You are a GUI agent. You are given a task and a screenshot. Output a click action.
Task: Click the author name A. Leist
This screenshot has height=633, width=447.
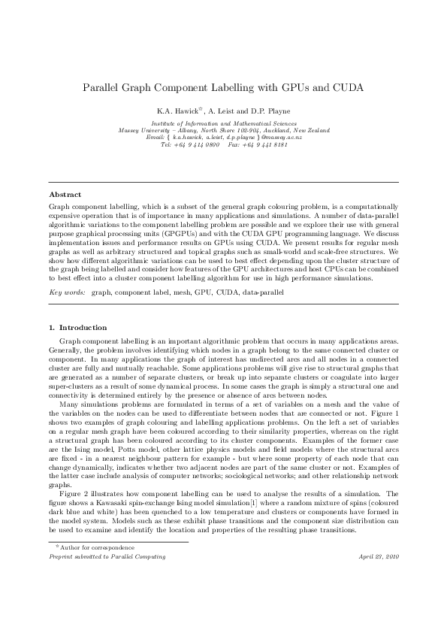tap(222, 110)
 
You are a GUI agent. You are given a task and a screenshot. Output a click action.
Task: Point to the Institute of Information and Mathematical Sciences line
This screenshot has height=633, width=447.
tap(224, 123)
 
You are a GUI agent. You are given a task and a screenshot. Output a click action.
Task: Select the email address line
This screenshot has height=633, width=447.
tap(224, 136)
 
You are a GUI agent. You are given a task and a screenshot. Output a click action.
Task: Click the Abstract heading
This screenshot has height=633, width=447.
tap(65, 194)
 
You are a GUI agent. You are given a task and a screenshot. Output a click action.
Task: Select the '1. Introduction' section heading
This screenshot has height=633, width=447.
tap(77, 327)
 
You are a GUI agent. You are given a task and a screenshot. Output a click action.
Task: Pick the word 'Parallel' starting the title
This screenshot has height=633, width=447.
tap(104, 88)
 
